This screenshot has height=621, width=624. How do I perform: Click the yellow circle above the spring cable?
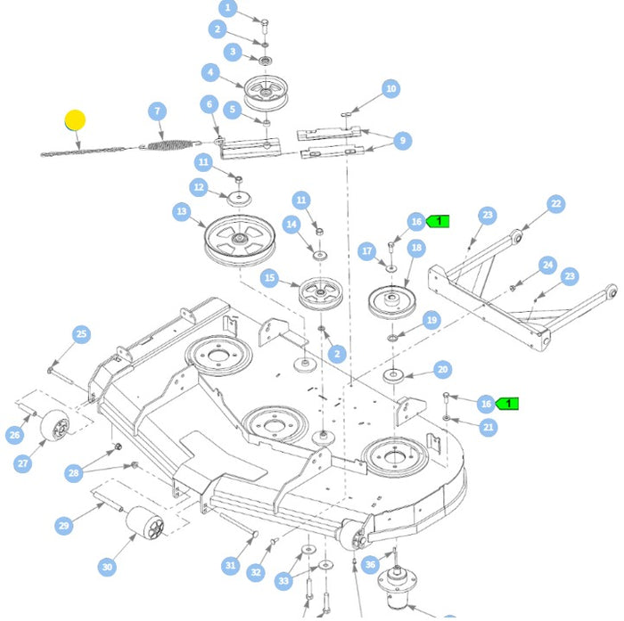click(75, 119)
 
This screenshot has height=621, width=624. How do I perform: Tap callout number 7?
click(158, 111)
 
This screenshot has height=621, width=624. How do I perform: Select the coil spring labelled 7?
click(168, 143)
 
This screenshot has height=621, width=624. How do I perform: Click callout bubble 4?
click(210, 72)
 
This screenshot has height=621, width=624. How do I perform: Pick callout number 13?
click(182, 212)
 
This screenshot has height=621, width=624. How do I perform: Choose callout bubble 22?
click(555, 204)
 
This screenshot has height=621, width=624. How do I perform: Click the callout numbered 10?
click(390, 88)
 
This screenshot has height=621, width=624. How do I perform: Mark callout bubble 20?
click(442, 370)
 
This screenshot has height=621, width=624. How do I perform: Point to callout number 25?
click(81, 334)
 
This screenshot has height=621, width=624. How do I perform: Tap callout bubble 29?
click(63, 526)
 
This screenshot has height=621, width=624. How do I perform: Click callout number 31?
click(231, 565)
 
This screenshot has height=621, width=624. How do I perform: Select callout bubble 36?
click(371, 564)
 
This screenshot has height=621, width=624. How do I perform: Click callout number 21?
click(488, 428)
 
